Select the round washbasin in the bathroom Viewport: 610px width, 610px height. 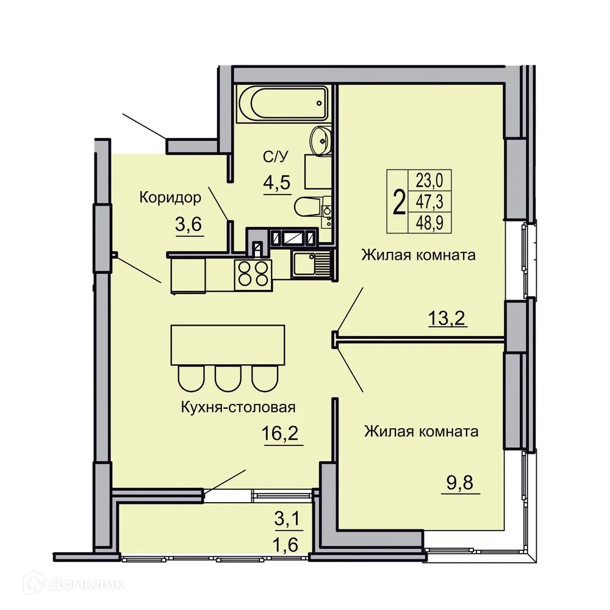coord(318,140)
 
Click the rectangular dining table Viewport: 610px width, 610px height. coord(228,344)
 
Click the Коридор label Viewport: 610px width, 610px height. coord(170,197)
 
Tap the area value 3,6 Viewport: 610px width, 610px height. coord(188,226)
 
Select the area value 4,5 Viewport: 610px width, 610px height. coord(276,182)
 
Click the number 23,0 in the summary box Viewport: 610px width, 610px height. coord(429,179)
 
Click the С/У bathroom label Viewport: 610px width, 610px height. coord(275,157)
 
